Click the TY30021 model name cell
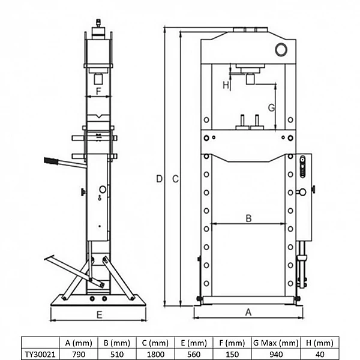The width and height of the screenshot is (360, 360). click(40, 354)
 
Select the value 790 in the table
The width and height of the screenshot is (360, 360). click(79, 354)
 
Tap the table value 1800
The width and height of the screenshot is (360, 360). click(155, 354)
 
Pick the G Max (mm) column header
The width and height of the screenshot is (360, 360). click(276, 343)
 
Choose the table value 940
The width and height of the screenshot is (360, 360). click(276, 354)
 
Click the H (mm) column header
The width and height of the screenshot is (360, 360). click(320, 343)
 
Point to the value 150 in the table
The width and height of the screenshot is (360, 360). click(232, 354)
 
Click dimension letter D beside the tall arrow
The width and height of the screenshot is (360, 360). click(160, 179)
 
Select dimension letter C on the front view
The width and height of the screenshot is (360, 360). click(175, 179)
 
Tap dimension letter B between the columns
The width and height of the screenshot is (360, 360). click(248, 218)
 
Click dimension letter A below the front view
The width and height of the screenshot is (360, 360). click(248, 312)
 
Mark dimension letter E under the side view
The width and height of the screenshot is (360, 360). click(100, 314)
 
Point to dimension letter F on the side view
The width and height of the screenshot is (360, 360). click(98, 91)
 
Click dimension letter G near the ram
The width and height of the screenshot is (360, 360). click(271, 107)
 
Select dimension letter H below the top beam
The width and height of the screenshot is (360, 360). click(226, 85)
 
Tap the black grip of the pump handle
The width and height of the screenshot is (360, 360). click(51, 161)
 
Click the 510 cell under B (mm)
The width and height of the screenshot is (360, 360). click(117, 354)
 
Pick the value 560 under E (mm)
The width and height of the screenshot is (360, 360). click(194, 354)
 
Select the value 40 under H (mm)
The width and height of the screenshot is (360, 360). click(320, 354)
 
